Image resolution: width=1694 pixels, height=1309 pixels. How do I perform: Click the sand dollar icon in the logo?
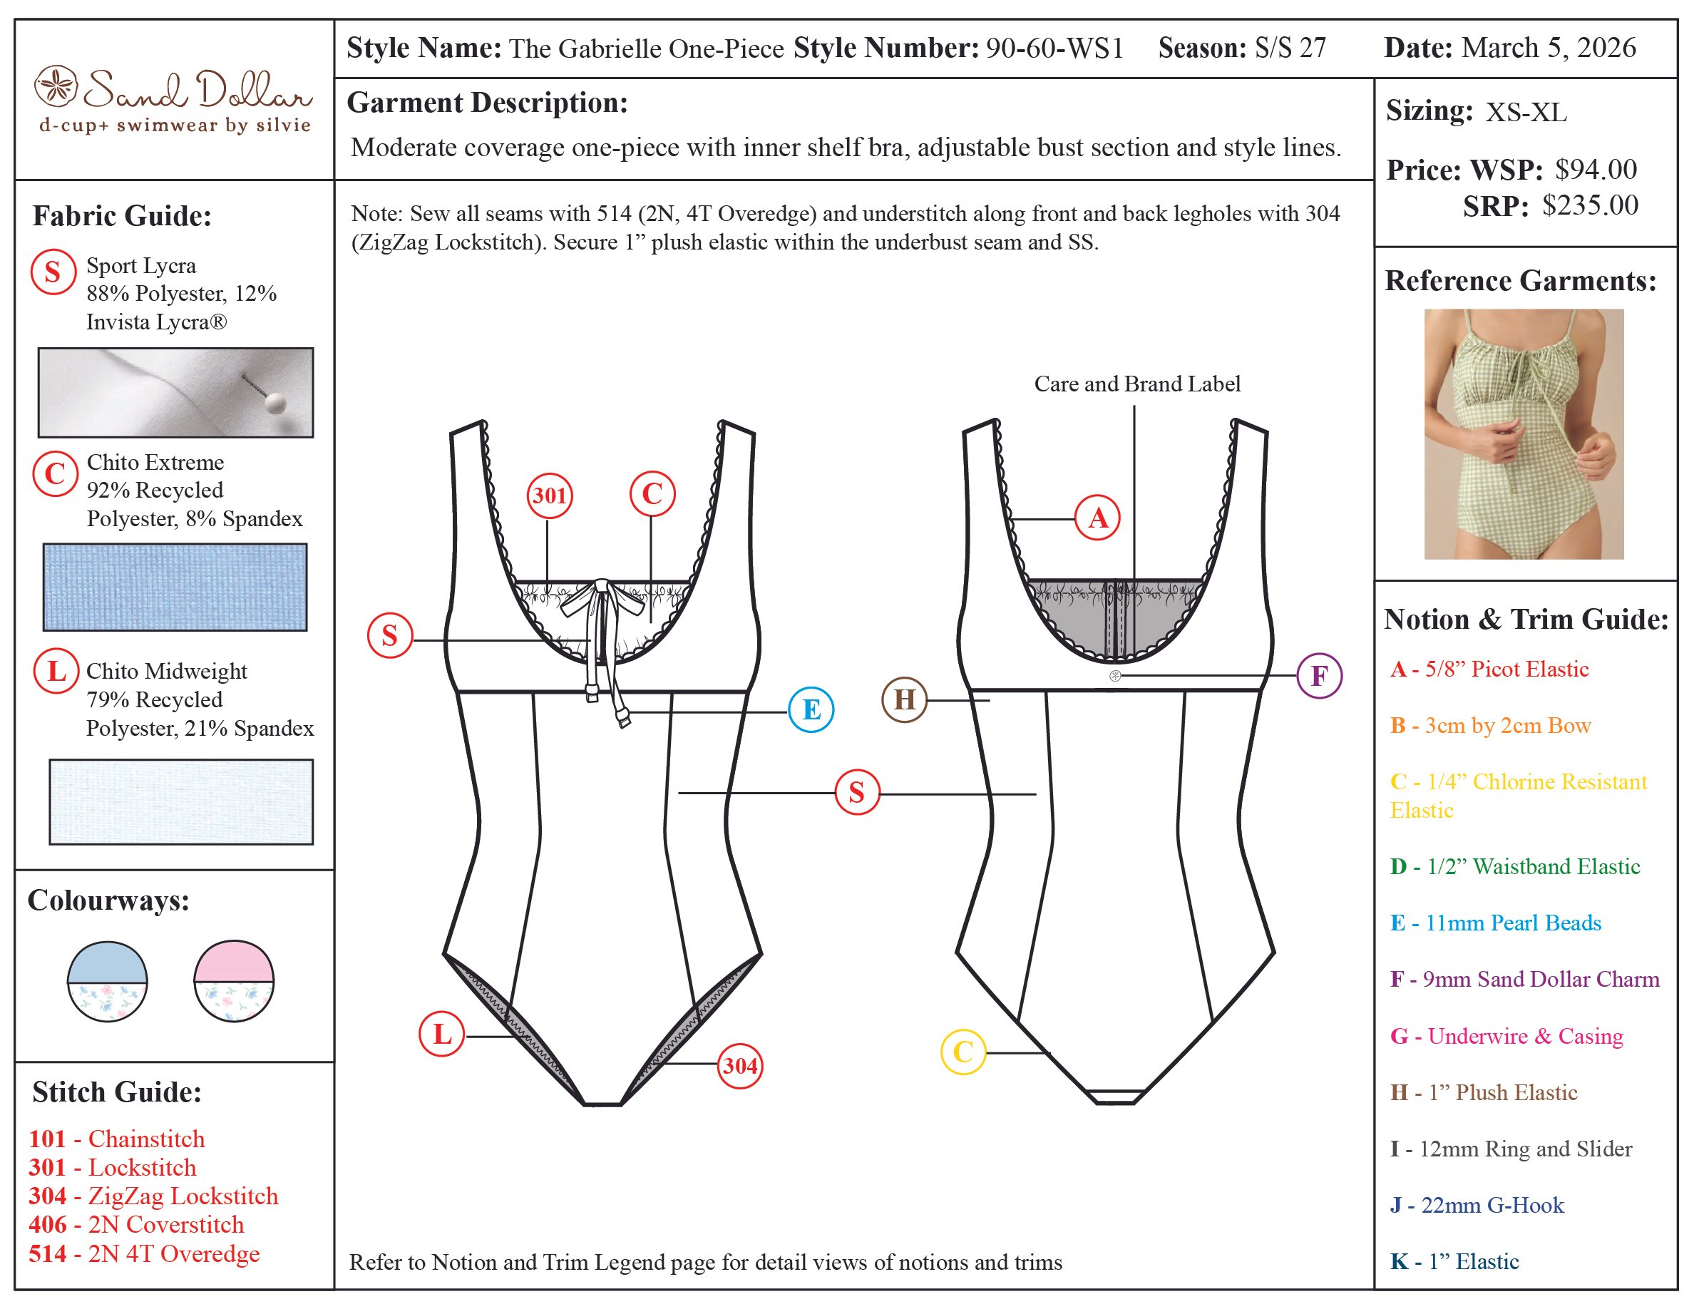tap(56, 86)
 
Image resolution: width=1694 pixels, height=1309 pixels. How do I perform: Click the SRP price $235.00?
tap(1590, 205)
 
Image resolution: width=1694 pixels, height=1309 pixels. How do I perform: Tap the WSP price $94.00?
tap(1596, 169)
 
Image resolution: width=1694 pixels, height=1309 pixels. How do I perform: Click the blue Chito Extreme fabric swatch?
tap(175, 587)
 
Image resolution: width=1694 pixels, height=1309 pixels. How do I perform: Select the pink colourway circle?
tap(233, 981)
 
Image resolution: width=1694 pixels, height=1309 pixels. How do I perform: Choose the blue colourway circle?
tap(108, 981)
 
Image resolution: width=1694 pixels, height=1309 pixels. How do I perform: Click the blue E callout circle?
tap(811, 709)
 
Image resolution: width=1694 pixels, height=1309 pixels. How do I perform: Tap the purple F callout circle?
tap(1320, 675)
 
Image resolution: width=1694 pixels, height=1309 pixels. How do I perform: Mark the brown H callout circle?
tap(905, 699)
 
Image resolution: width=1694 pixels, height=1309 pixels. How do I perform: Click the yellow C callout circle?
tap(962, 1052)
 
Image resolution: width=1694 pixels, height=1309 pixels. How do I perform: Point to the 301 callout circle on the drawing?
tap(549, 495)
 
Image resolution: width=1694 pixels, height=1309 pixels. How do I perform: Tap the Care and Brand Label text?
tap(1137, 384)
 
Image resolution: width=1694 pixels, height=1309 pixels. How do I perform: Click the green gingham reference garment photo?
tap(1524, 434)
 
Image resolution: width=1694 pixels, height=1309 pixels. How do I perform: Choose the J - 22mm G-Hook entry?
tap(1477, 1205)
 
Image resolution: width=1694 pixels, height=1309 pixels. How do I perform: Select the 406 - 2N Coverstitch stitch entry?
tap(136, 1224)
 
